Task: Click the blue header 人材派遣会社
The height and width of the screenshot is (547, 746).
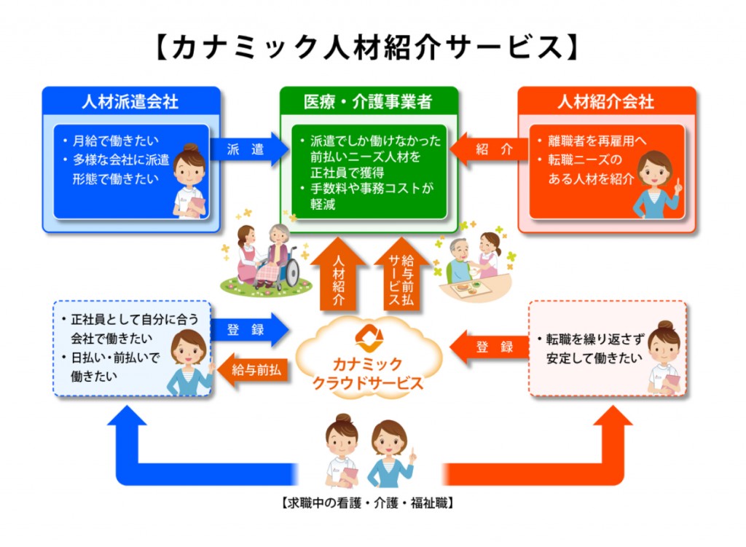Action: click(130, 101)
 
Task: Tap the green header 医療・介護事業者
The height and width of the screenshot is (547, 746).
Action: click(368, 101)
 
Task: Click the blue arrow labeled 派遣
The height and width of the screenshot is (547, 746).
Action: click(249, 149)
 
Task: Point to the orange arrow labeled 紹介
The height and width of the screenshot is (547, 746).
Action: click(489, 149)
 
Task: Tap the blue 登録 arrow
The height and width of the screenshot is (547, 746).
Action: click(249, 329)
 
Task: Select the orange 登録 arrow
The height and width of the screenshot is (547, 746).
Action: click(489, 347)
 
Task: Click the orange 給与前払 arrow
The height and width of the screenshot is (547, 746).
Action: click(253, 369)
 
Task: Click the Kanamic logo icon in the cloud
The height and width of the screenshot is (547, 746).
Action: click(369, 339)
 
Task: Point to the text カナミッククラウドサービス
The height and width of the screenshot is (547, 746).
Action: click(368, 374)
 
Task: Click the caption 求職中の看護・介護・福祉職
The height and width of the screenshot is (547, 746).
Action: click(367, 503)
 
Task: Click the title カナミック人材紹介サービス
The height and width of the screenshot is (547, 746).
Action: click(367, 47)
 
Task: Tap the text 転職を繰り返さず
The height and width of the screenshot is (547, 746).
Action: click(594, 339)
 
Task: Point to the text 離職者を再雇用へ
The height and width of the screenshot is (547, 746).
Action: click(597, 141)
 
